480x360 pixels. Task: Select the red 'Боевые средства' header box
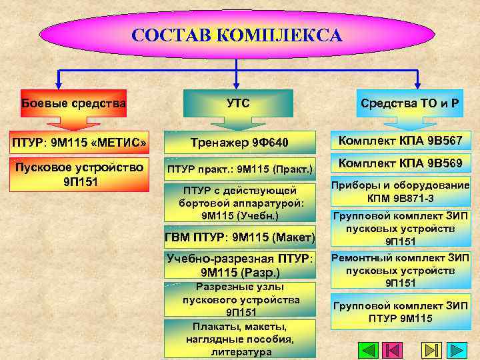point(73,103)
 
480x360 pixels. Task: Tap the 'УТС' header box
point(238,103)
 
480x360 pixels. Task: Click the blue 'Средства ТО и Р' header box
point(414,103)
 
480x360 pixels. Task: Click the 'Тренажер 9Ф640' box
point(239,143)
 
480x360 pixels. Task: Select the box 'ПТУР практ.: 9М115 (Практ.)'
point(239,170)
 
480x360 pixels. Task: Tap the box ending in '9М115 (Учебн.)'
point(239,203)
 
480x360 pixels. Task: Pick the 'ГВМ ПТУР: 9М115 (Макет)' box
point(239,237)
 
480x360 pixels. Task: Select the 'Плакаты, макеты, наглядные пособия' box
point(241,339)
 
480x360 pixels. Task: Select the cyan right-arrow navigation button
point(457,350)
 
